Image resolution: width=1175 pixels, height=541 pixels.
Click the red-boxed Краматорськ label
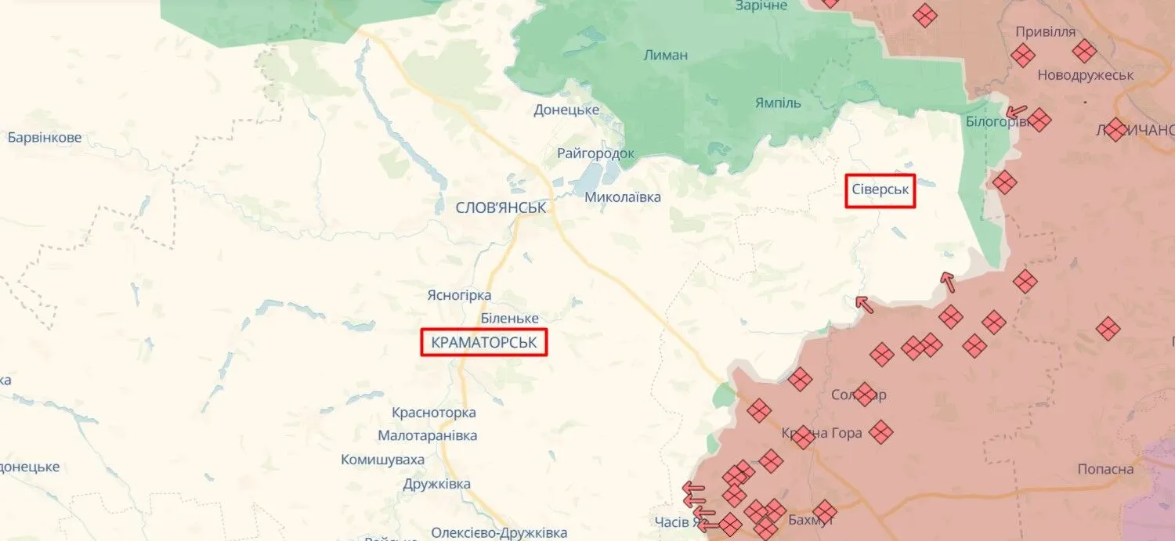[483, 342]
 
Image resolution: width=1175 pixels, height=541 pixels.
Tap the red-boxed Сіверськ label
[880, 190]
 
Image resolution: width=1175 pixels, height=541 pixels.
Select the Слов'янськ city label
[501, 207]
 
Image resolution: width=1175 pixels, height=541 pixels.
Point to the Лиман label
[665, 55]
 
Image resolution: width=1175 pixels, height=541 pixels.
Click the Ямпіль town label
[778, 103]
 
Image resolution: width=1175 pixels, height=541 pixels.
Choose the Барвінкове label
[45, 138]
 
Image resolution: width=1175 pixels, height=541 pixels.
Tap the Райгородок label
[595, 153]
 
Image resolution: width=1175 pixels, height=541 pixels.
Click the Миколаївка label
[623, 197]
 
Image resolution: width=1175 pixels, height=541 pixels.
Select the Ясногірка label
[459, 295]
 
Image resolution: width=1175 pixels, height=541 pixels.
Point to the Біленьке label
[509, 319]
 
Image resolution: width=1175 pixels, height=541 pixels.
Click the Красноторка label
[433, 413]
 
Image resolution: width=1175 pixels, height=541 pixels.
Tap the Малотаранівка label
[427, 435]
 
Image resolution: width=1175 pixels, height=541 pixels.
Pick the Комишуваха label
[382, 460]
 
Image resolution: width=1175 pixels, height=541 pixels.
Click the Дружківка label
[436, 484]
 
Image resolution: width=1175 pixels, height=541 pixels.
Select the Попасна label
[1105, 469]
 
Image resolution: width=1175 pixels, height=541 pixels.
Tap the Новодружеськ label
[1086, 75]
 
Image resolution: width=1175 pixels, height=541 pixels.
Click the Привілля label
[1045, 32]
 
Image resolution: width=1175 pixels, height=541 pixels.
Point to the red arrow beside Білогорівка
[1016, 112]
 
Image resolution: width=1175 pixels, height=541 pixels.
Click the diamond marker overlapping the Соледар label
[865, 394]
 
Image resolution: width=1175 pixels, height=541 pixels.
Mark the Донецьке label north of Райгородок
[566, 110]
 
